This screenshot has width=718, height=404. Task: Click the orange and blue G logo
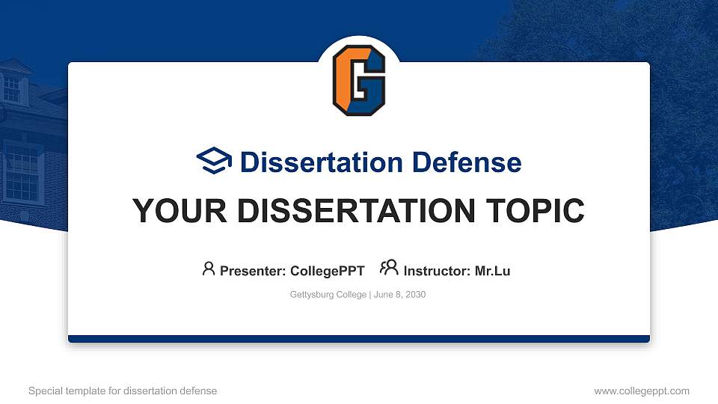point(359,80)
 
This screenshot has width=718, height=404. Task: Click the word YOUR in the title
point(176,211)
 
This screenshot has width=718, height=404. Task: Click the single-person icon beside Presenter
point(209,269)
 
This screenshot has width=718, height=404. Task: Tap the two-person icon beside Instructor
point(389,269)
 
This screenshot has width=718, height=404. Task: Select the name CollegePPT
point(328,271)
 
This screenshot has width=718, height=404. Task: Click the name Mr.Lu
point(492,271)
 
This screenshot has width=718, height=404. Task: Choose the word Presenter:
point(253,271)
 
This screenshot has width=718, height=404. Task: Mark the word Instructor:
point(438,271)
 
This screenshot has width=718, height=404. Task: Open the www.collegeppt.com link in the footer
point(642,391)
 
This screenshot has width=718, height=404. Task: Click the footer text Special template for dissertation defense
point(123,391)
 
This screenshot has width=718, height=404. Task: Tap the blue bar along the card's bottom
point(359,339)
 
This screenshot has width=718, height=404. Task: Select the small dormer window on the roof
point(12,88)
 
